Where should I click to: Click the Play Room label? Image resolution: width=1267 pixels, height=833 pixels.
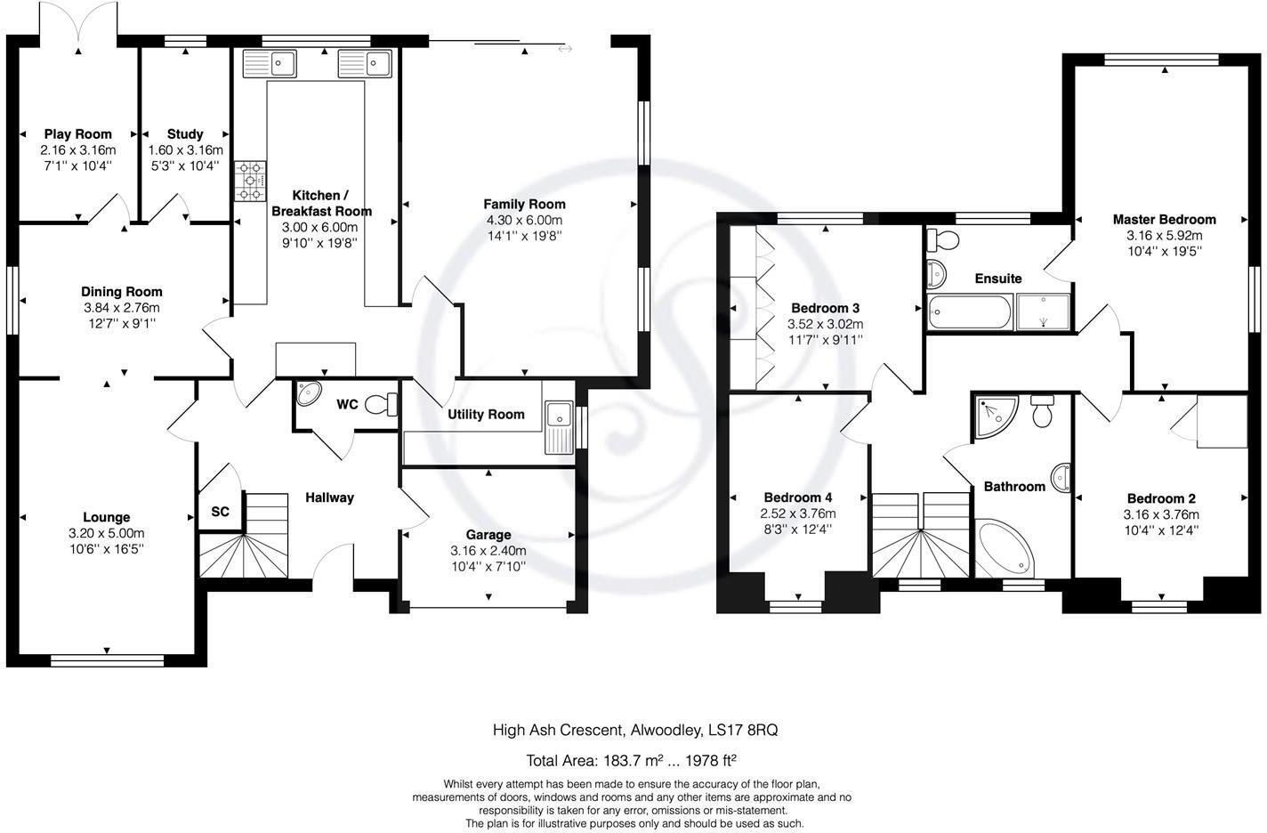pos(78,134)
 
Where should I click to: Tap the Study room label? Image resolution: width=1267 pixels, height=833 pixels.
pos(185,134)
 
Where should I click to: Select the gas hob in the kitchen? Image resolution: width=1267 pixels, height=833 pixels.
pos(250,181)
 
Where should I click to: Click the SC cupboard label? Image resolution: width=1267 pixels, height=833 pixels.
pos(220,512)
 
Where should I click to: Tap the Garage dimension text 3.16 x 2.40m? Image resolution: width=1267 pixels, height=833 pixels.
pos(488,550)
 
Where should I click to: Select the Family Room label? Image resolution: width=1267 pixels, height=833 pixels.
pos(524,204)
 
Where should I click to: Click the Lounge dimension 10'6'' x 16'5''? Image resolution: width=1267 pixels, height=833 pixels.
pos(107,548)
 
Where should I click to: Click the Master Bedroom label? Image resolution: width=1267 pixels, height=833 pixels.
pos(1164,219)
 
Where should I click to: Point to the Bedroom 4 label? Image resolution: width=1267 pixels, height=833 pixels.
pos(798,497)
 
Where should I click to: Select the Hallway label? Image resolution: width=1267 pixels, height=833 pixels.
pos(329,497)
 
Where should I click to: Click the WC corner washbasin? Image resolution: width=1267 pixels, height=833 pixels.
pos(309,393)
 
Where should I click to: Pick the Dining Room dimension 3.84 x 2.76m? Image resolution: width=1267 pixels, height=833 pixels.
pos(122,308)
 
